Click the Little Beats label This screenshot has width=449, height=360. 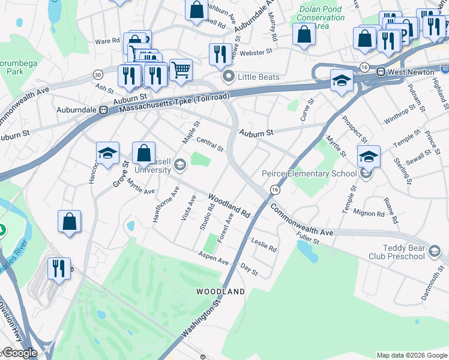[x=250, y=77]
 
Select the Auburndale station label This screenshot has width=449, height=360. [x=77, y=110]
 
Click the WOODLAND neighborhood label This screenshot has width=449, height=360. [x=221, y=292]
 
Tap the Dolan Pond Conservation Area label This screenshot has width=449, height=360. [x=321, y=17]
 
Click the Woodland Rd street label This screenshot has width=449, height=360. [x=229, y=205]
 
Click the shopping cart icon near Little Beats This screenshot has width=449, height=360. [x=181, y=70]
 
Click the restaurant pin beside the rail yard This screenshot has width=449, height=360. [x=59, y=269]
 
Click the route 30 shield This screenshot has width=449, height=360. [x=97, y=74]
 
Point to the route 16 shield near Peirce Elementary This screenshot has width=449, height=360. [x=274, y=190]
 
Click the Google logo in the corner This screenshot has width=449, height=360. [x=20, y=353]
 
